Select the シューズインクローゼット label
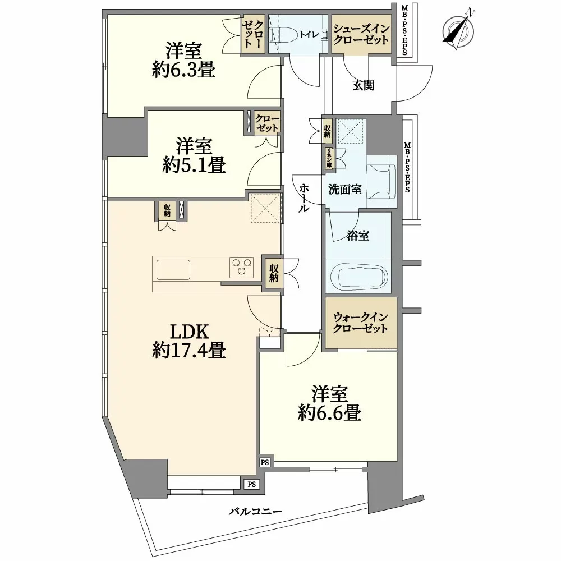361,34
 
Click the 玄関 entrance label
364,85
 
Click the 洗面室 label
344,190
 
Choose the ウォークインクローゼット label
360,323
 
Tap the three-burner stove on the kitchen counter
242,267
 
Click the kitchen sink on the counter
173,270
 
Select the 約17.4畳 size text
189,351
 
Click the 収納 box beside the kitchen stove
274,273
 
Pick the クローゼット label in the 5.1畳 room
266,123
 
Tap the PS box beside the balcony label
252,484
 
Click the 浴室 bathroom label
357,236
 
